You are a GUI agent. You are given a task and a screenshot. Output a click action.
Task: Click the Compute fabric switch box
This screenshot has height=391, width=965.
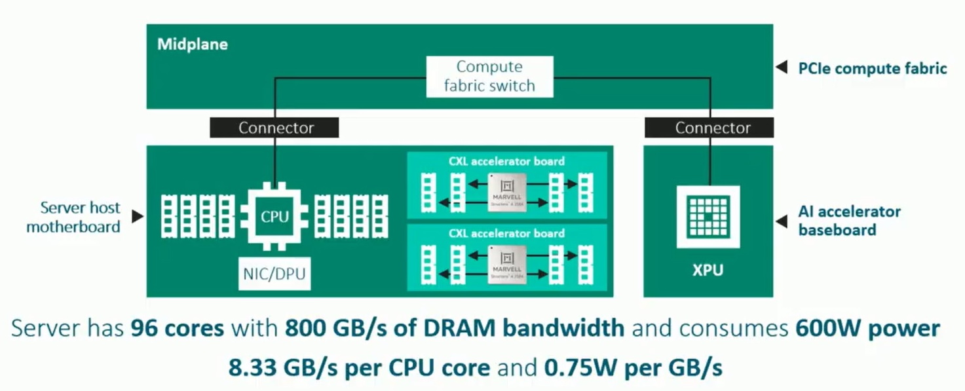[x=489, y=77]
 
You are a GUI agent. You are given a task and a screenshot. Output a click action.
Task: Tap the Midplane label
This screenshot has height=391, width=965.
[x=192, y=45]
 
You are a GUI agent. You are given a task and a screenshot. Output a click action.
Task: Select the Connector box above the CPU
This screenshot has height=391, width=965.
[x=274, y=128]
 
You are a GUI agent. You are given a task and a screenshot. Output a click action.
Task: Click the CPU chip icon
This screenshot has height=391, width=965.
[x=274, y=216]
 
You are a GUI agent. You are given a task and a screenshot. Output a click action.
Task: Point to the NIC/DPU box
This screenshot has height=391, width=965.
[x=274, y=274]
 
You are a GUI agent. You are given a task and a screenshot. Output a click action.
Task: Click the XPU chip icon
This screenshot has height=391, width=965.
[x=708, y=216]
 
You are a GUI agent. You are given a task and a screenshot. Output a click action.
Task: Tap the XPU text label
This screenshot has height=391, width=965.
[x=708, y=270]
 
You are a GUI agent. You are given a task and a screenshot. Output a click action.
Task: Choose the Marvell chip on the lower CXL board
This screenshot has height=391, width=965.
[x=507, y=264]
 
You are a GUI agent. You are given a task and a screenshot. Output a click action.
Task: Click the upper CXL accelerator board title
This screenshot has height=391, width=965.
[x=506, y=161]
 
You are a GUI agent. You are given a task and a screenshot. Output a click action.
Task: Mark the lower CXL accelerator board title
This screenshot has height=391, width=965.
[x=506, y=233]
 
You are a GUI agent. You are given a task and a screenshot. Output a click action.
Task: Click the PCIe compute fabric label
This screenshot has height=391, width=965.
[x=872, y=68]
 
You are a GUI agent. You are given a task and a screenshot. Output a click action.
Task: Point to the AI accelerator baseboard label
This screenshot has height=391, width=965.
[x=849, y=221]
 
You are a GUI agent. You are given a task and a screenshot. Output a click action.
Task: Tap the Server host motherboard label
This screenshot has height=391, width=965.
[x=73, y=217]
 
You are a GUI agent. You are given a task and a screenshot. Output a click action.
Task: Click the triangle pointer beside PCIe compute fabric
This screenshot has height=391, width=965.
[x=781, y=67]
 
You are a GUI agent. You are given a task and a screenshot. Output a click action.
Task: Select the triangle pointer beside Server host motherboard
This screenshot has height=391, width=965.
[x=138, y=216]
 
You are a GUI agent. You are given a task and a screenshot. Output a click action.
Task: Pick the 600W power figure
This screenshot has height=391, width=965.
[x=867, y=328]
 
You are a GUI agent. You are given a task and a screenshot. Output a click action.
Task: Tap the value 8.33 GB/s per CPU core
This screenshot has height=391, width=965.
[x=359, y=367]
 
